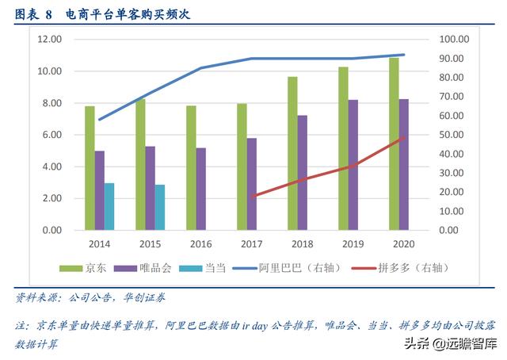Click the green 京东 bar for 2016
coord(191,168)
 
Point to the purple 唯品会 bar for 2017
coord(251,184)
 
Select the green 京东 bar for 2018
coord(292,153)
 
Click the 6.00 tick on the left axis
coord(52,135)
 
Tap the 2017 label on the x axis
coord(252,243)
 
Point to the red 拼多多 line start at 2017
coord(252,196)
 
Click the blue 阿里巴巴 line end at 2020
coord(404,55)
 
